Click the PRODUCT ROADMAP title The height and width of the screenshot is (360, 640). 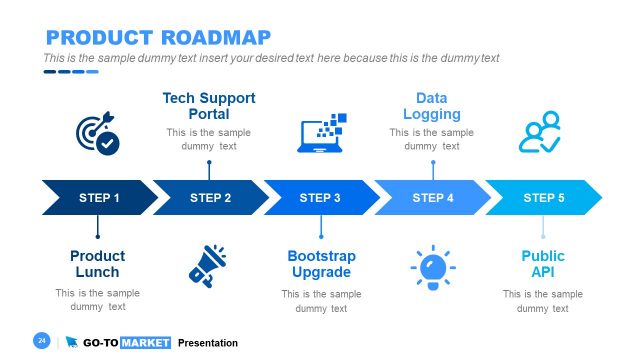158,38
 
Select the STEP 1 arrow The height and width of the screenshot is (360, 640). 99,198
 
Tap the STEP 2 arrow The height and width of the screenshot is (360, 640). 210,198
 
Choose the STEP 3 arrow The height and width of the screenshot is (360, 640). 320,198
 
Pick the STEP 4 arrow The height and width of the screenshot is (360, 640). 433,198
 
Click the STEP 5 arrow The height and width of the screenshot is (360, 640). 544,198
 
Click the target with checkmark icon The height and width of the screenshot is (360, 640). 97,134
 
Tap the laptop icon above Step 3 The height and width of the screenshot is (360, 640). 321,133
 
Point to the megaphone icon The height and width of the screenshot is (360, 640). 208,264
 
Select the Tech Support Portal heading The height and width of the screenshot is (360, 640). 209,106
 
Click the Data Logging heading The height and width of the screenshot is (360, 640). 431,106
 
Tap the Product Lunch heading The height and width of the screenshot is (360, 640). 97,264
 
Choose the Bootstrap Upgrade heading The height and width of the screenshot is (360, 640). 321,264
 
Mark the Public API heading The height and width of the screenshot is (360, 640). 543,264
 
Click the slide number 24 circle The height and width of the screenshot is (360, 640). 42,341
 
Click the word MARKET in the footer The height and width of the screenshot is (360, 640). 145,343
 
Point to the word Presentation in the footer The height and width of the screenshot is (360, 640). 208,343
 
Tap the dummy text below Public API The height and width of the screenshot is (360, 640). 543,301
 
